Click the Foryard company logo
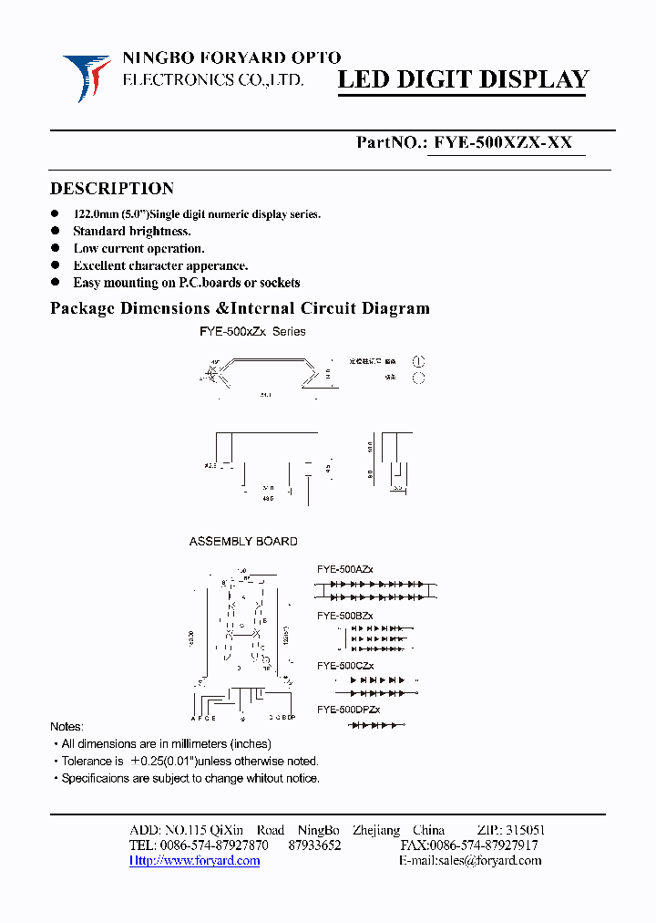87,77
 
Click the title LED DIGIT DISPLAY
463,80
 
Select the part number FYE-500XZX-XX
503,142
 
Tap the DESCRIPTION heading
111,189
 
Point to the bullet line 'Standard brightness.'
131,232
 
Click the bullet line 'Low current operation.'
138,248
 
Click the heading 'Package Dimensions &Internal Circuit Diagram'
239,308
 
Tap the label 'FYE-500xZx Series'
252,332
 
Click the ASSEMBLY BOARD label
243,542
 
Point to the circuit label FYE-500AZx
344,569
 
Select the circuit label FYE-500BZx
344,617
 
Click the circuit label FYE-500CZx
344,666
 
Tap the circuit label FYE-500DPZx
348,710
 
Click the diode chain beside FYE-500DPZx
376,725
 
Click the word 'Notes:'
67,727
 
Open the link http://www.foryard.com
194,860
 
